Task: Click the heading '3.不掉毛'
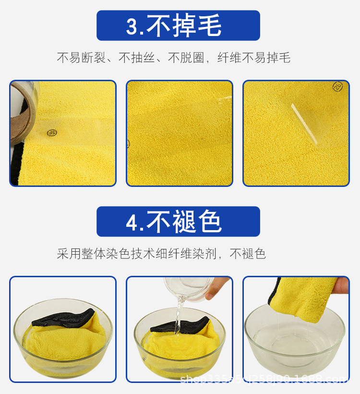(x=178, y=25)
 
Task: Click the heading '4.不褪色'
(x=178, y=222)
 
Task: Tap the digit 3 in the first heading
(x=132, y=26)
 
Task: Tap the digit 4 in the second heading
(x=132, y=222)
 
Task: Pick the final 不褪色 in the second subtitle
(x=248, y=254)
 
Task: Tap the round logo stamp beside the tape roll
(x=52, y=133)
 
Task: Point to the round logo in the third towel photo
(x=338, y=86)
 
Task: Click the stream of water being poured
(x=179, y=315)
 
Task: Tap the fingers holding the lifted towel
(x=342, y=285)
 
